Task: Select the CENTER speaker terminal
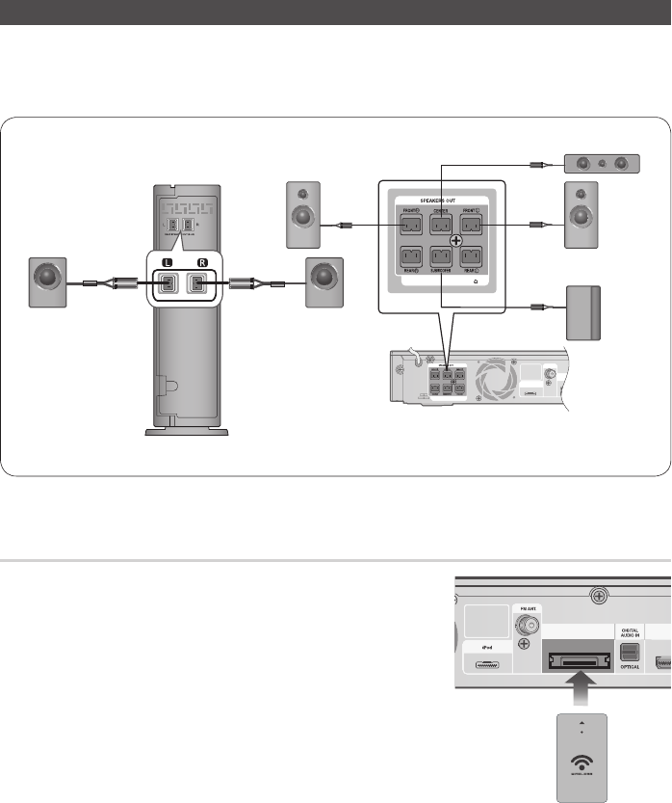click(x=441, y=226)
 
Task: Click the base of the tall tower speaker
click(x=187, y=431)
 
